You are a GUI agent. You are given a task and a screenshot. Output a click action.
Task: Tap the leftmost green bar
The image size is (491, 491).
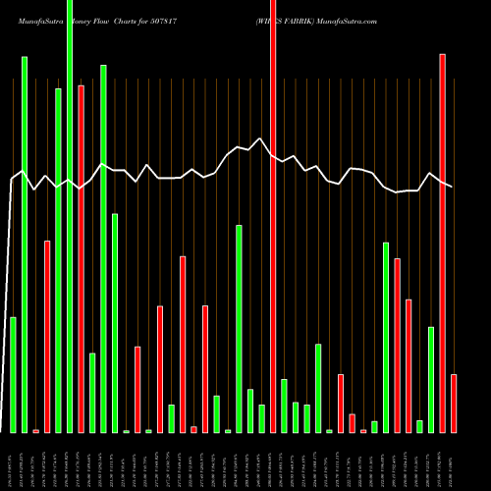pyautogui.click(x=13, y=374)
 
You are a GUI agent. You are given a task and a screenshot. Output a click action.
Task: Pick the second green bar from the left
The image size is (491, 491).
pyautogui.click(x=25, y=245)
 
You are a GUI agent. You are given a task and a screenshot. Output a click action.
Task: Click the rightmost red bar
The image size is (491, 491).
pyautogui.click(x=454, y=403)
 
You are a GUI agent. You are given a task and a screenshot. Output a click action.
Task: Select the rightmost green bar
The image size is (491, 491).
pyautogui.click(x=431, y=379)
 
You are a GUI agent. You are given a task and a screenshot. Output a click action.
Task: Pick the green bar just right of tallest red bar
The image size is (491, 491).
pyautogui.click(x=284, y=406)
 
